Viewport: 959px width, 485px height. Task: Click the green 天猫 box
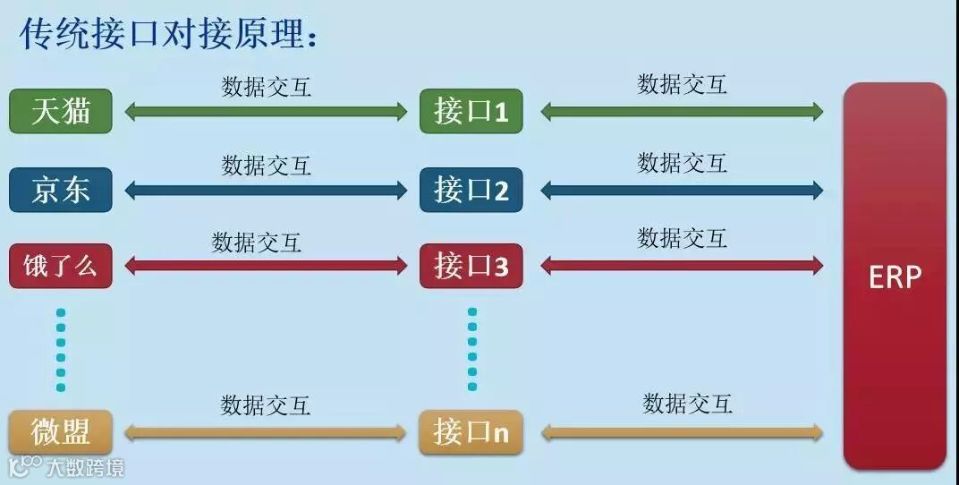[61, 112]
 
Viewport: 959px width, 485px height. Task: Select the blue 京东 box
[61, 190]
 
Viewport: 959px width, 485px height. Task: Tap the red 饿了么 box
[61, 266]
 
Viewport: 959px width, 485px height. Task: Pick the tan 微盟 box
[61, 433]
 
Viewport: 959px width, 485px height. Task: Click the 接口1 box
[471, 112]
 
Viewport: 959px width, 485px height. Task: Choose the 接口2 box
[471, 190]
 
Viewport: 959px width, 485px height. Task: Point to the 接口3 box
[471, 266]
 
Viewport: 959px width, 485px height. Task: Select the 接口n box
[471, 433]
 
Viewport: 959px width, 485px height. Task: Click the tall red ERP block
[895, 276]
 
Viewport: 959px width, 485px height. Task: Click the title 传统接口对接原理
[170, 36]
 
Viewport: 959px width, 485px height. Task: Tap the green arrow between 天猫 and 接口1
[266, 112]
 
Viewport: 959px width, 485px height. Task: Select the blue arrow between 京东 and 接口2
[266, 190]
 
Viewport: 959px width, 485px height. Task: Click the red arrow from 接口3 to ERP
[682, 265]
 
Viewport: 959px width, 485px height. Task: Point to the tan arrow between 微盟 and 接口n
[266, 433]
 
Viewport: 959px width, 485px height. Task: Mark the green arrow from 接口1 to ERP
[682, 112]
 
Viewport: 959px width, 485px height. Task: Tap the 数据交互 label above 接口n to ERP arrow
[687, 404]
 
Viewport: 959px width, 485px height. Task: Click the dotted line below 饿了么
[61, 350]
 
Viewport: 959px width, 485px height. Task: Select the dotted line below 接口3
[472, 350]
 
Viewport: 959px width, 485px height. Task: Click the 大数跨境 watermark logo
[66, 467]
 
